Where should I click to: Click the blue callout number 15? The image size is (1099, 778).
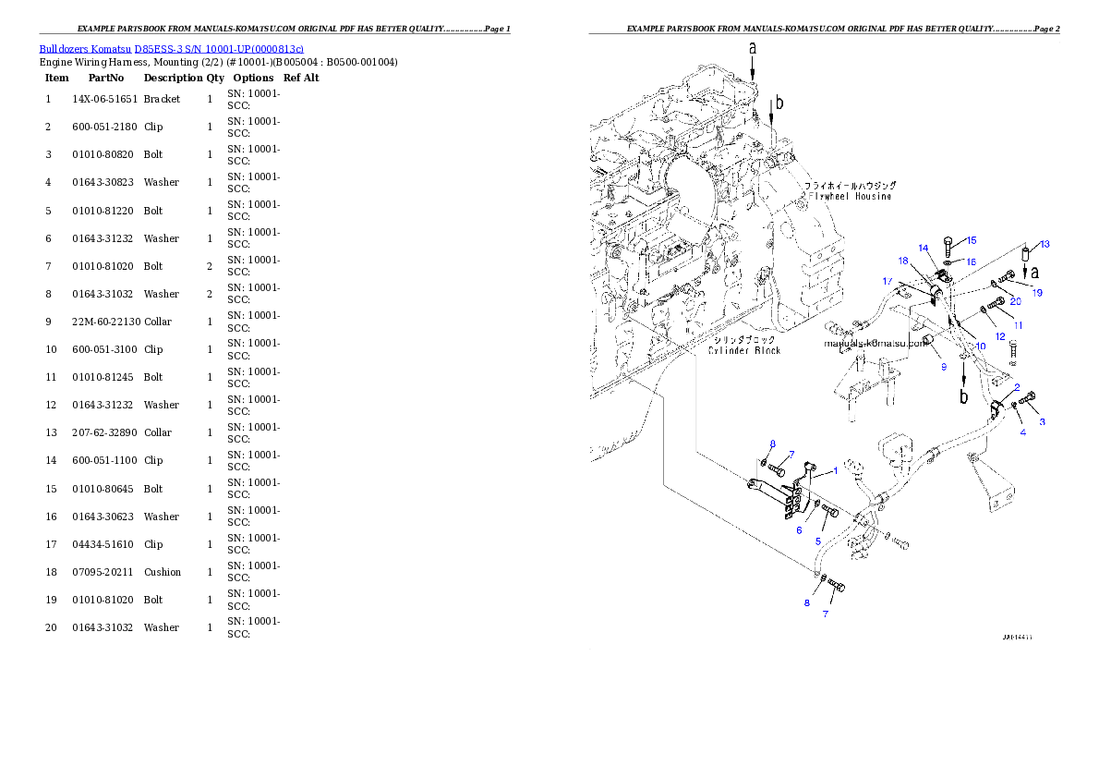(971, 240)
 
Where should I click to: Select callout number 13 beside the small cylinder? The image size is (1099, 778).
(1045, 245)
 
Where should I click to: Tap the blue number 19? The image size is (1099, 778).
(1037, 293)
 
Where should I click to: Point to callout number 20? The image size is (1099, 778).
(1015, 301)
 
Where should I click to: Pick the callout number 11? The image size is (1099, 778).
(1018, 325)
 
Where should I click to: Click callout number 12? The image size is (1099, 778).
(1000, 337)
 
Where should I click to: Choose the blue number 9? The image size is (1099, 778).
(944, 367)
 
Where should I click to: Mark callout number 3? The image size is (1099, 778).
(1043, 422)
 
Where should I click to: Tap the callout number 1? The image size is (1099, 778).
(836, 470)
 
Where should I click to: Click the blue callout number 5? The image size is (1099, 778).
(817, 541)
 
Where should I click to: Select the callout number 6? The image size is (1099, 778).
(800, 530)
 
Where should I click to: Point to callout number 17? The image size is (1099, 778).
(887, 281)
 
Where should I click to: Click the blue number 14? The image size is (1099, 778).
(923, 248)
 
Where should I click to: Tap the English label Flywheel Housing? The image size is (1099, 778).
(850, 197)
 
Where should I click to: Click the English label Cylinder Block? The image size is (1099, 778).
(744, 350)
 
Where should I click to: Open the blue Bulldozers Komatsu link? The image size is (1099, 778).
(171, 48)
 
